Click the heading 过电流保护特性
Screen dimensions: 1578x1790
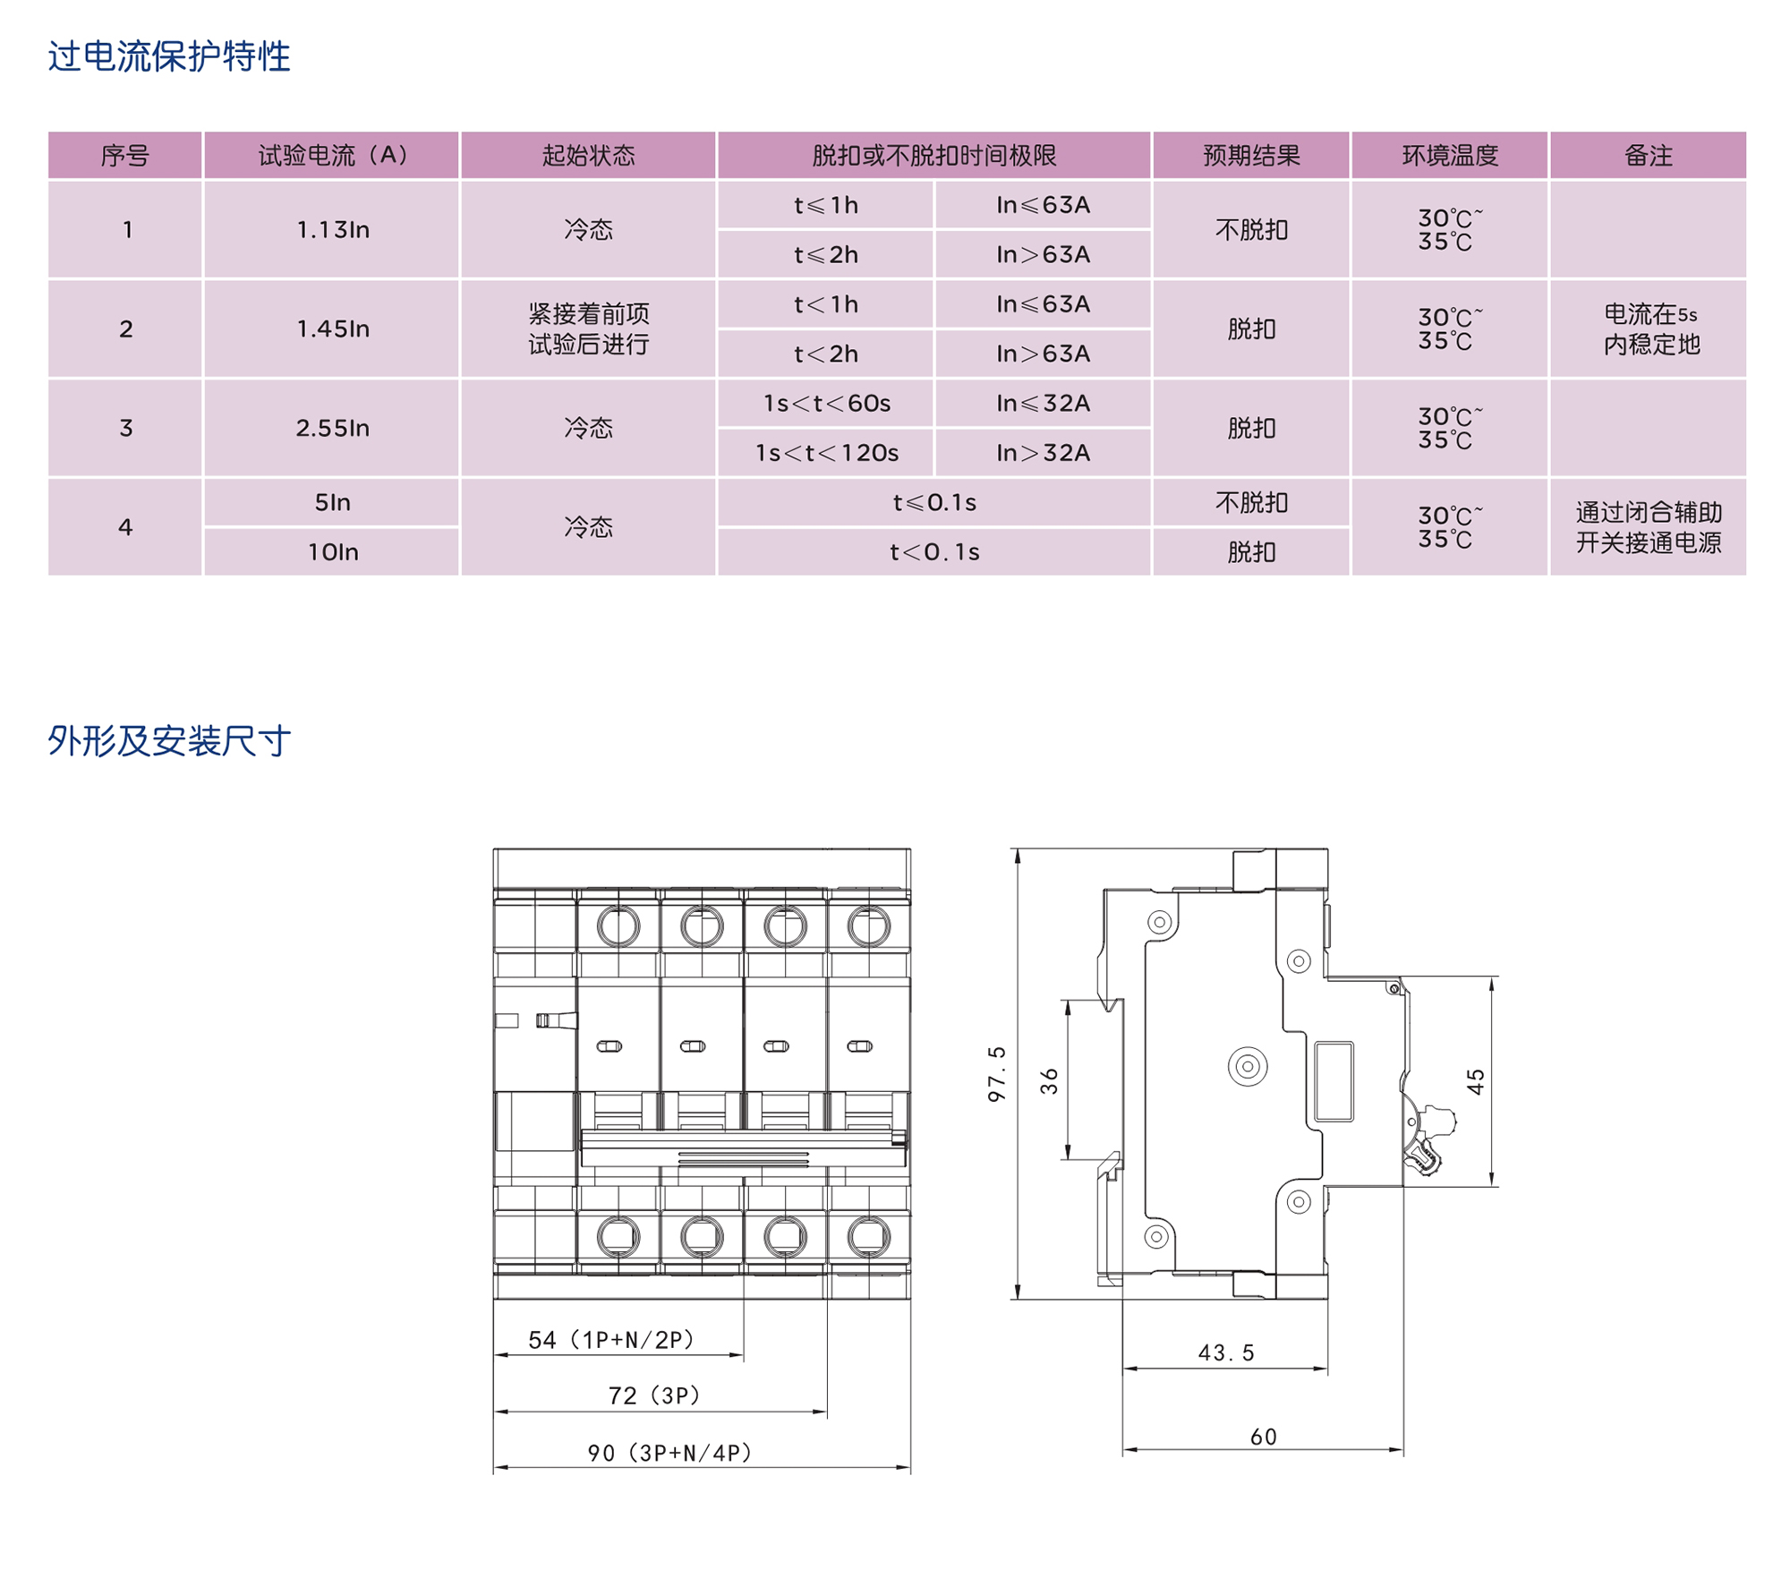(x=169, y=56)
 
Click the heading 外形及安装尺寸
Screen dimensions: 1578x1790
(x=169, y=740)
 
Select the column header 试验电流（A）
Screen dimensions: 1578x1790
(x=332, y=156)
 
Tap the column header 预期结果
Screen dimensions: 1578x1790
(x=1250, y=156)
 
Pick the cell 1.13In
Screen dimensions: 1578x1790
(x=332, y=230)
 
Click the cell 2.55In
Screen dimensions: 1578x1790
(x=332, y=428)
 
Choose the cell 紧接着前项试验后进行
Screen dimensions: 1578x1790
(x=588, y=328)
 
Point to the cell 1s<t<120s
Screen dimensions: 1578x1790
(x=825, y=453)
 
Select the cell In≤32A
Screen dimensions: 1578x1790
(x=1043, y=404)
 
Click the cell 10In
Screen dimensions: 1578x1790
(x=332, y=552)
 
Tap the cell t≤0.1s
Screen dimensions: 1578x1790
(x=933, y=503)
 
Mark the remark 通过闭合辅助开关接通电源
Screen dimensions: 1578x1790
(x=1648, y=527)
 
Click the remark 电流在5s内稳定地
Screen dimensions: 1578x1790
(x=1649, y=328)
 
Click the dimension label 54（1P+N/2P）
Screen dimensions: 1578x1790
(x=611, y=1340)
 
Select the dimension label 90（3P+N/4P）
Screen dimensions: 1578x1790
(x=669, y=1453)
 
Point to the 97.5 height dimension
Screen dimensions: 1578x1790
(x=996, y=1073)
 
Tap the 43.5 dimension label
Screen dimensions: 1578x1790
(x=1226, y=1352)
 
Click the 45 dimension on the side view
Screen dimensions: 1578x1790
(x=1475, y=1081)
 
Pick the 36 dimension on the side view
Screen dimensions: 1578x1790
(x=1049, y=1080)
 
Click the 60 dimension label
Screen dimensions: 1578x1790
(x=1263, y=1437)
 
